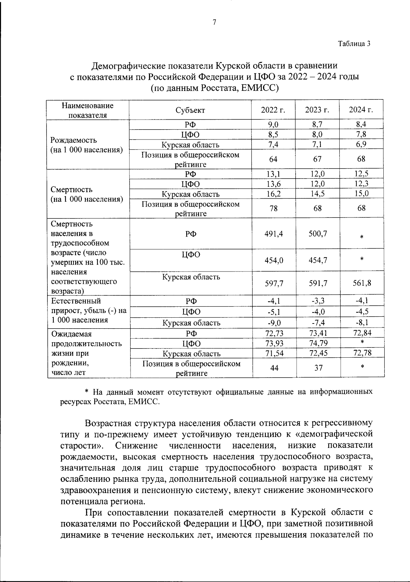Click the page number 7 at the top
(x=214, y=23)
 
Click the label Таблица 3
(x=354, y=44)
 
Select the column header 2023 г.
(x=317, y=110)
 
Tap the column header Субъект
(x=190, y=110)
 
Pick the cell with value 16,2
(x=273, y=194)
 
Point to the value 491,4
(x=274, y=234)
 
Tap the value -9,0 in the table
(x=274, y=322)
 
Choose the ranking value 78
(x=273, y=208)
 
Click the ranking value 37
(x=317, y=368)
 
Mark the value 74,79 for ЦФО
(x=317, y=343)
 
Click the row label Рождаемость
(x=73, y=140)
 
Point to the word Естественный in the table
(x=76, y=301)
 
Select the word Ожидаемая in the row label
(x=71, y=334)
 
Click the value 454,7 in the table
(x=317, y=260)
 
